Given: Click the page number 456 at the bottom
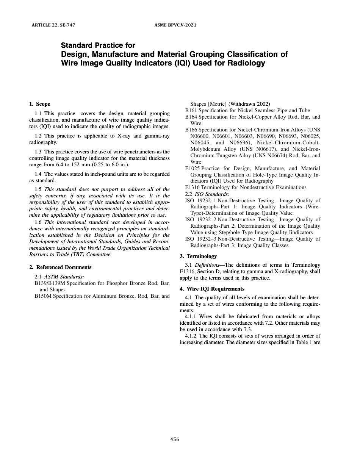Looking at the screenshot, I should click(175, 439).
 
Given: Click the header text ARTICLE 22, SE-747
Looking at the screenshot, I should click(53, 25).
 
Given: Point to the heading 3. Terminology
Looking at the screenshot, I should click(198, 256).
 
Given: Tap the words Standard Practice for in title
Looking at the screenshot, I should click(98, 45).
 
